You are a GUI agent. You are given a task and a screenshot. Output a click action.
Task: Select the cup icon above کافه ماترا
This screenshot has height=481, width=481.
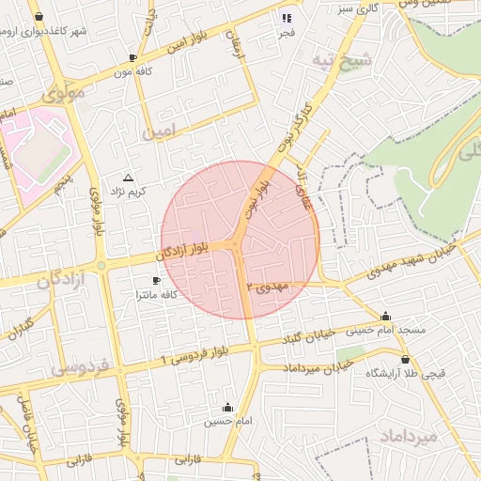[157, 281]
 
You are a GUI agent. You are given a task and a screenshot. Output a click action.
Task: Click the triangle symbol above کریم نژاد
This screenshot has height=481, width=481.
[129, 177]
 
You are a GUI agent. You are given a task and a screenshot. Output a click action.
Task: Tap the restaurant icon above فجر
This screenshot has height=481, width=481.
[287, 18]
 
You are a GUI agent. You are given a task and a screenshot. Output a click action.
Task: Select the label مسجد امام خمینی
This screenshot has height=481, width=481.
[386, 331]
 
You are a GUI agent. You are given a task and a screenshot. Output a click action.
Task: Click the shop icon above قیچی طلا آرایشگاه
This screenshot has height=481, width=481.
[405, 359]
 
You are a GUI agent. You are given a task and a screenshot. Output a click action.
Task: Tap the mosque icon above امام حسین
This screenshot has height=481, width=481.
[227, 408]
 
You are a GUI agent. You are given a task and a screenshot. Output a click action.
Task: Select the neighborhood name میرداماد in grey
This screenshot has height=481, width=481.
[406, 436]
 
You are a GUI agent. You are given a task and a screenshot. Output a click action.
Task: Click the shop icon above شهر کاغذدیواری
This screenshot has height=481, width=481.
[38, 17]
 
